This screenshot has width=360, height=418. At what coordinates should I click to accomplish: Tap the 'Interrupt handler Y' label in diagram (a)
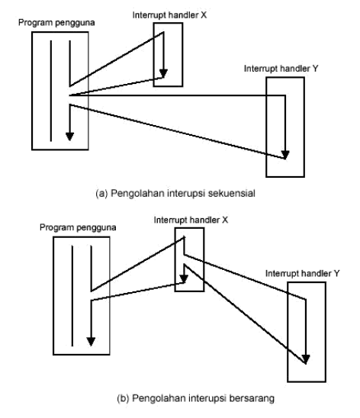[x=278, y=68]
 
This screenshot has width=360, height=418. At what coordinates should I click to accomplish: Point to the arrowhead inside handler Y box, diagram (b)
[x=306, y=358]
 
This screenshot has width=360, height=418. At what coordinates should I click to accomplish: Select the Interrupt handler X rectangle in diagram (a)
[x=168, y=53]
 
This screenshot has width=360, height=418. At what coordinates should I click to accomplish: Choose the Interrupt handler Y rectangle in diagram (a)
[x=285, y=126]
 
